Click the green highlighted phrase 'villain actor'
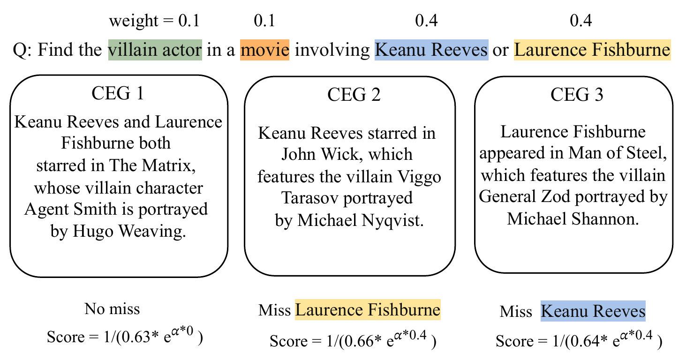[x=155, y=50]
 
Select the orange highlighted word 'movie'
[x=264, y=50]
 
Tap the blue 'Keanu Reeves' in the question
[x=431, y=50]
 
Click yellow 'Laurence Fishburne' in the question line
[x=592, y=50]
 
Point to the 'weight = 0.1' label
[x=154, y=21]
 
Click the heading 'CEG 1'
[x=118, y=94]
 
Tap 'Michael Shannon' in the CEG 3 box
[x=573, y=219]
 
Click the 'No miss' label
[x=112, y=309]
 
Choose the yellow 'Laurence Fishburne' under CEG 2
[x=368, y=310]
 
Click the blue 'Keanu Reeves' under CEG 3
[x=593, y=311]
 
